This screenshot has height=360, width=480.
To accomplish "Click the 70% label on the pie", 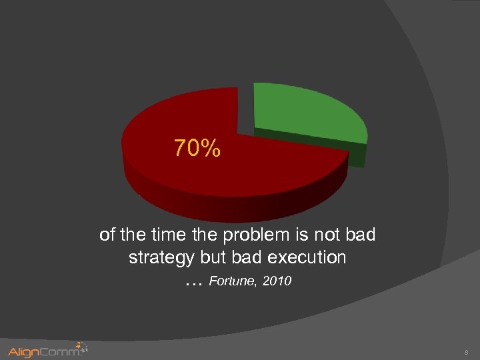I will tap(197, 148).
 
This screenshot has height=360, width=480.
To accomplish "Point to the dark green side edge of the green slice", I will tap(357, 155).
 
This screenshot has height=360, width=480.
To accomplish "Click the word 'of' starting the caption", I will tap(107, 235).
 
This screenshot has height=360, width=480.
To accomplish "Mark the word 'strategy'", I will tap(160, 258).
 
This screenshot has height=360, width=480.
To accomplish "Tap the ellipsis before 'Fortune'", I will tap(193, 283).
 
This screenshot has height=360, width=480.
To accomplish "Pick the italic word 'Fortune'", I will tap(233, 281).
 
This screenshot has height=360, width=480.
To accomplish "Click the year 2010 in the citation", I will tap(277, 281).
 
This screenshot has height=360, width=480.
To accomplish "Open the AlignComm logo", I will tap(47, 351).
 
